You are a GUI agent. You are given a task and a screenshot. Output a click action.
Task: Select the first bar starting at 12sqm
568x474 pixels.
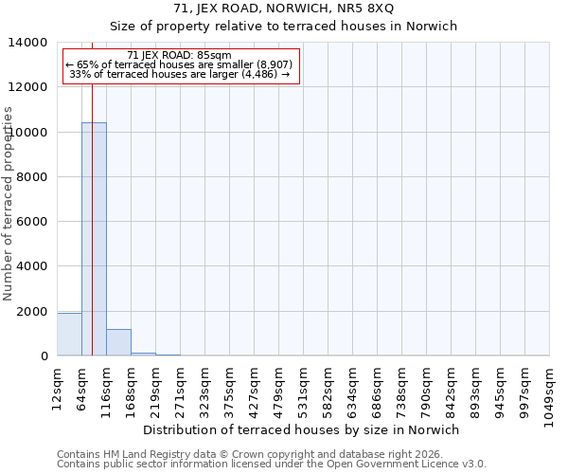point(69,335)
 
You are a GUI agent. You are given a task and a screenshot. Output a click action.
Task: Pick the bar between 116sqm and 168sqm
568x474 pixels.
point(118,342)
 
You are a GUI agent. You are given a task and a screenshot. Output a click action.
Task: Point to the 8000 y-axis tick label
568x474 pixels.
point(32,177)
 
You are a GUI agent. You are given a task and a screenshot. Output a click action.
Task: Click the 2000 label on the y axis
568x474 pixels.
point(32,312)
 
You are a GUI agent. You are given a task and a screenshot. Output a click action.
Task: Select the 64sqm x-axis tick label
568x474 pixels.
point(81,387)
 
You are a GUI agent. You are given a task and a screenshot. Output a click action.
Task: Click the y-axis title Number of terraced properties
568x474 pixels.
point(9,203)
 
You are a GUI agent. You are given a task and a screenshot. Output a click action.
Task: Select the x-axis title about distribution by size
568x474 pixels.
point(302,429)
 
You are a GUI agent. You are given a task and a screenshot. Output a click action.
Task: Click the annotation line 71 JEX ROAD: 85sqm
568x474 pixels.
point(179,56)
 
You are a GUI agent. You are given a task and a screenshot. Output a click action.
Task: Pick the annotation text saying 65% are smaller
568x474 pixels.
point(179,64)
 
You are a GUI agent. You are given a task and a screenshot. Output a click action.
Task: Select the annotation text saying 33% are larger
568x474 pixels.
point(179,74)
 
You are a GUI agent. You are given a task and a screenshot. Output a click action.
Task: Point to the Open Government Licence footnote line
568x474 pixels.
point(272,464)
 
